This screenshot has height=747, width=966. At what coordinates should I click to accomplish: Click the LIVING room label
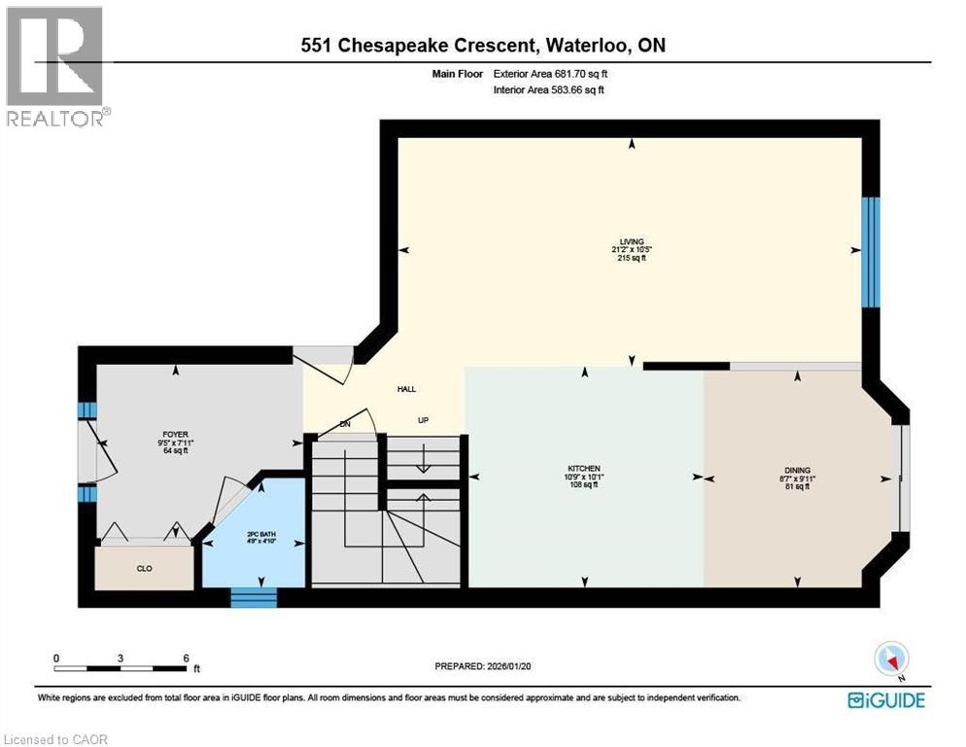click(633, 241)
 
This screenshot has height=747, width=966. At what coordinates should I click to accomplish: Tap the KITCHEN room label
click(584, 468)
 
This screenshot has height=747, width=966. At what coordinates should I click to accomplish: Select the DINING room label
click(797, 470)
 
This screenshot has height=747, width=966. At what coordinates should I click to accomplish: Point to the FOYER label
click(175, 435)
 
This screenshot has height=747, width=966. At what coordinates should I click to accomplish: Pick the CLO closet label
click(144, 568)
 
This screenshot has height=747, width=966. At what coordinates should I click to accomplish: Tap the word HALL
click(406, 389)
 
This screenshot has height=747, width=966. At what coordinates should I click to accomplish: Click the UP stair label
click(423, 421)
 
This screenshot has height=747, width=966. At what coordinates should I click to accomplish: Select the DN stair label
click(343, 424)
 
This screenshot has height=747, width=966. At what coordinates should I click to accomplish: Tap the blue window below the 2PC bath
click(254, 595)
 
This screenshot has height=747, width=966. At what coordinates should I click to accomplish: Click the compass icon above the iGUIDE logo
click(890, 658)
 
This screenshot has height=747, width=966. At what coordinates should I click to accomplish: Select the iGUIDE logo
click(885, 699)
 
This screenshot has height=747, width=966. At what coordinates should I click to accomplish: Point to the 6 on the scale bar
click(185, 658)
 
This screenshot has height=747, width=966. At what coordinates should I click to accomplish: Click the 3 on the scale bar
click(120, 658)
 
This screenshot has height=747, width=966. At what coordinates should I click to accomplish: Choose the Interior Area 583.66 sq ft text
click(562, 90)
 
